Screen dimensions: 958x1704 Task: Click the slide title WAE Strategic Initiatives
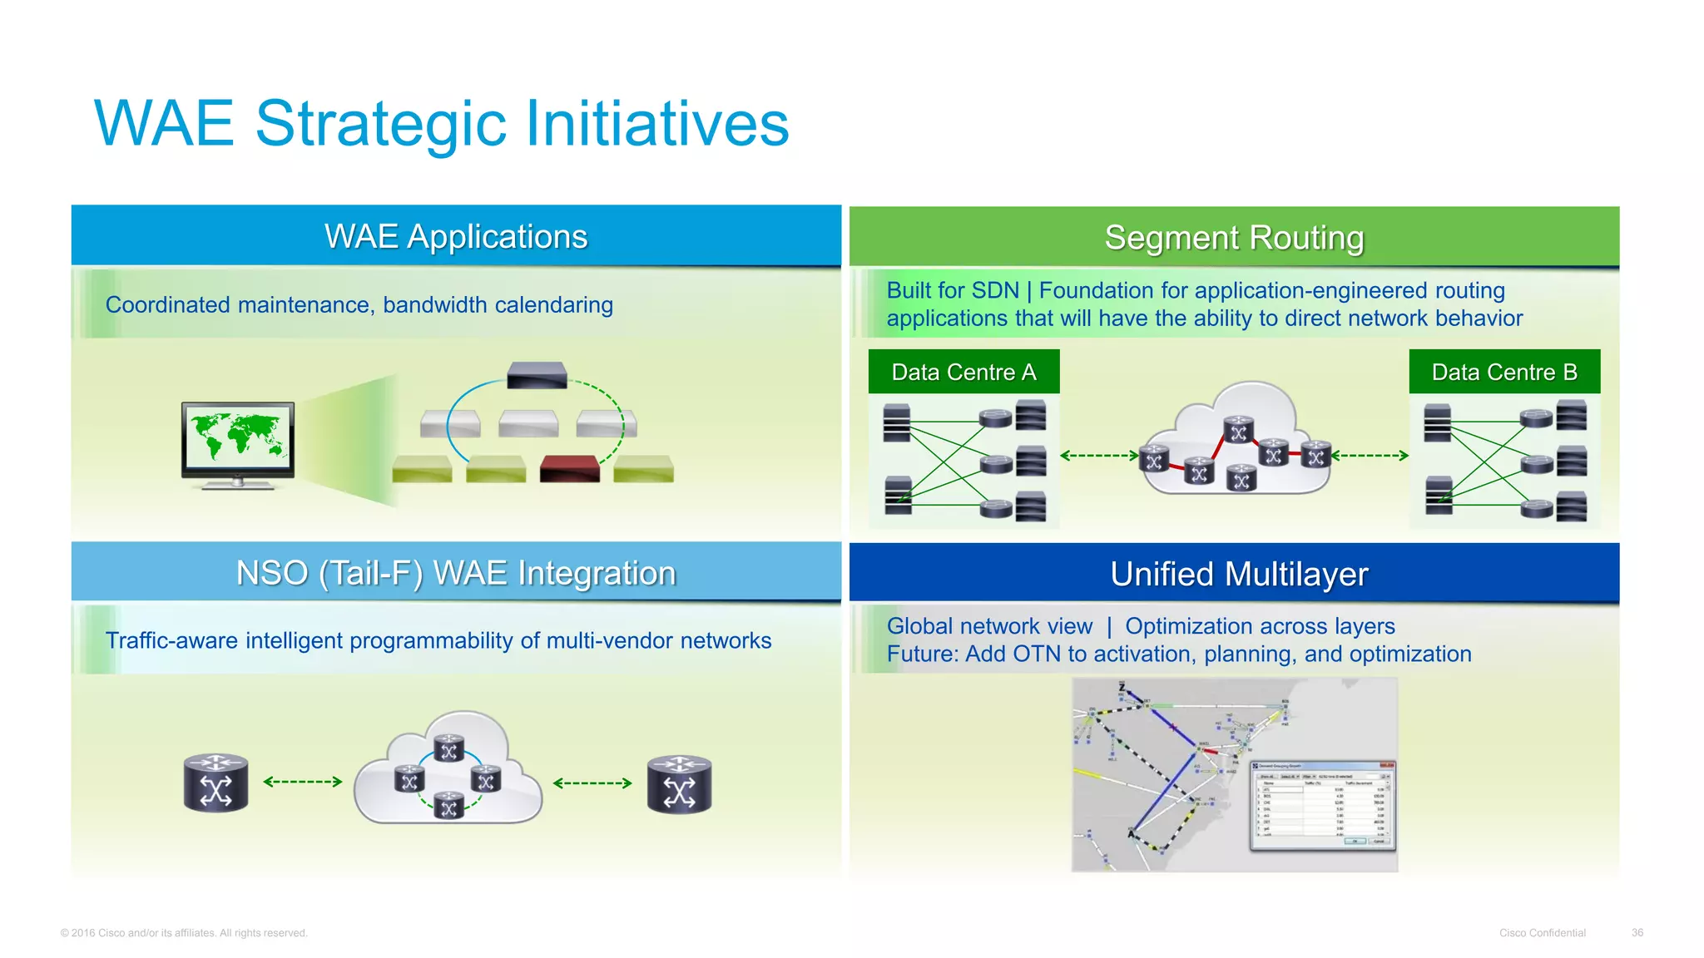click(441, 123)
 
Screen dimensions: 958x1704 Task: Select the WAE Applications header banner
click(456, 236)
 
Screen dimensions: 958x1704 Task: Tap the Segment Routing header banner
click(1234, 238)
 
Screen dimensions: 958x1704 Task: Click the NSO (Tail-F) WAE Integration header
click(456, 573)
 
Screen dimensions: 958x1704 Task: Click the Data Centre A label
click(963, 372)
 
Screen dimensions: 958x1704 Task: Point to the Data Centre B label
click(1504, 372)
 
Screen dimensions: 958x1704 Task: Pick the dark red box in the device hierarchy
click(569, 468)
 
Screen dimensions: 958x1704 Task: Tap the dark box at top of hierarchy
click(537, 375)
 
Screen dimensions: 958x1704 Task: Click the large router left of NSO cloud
click(216, 783)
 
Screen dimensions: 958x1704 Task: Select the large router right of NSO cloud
click(679, 783)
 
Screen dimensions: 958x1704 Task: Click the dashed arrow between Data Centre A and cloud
click(1099, 456)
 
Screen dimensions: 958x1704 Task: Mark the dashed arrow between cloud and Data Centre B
click(1370, 456)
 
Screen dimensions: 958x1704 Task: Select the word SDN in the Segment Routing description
click(994, 290)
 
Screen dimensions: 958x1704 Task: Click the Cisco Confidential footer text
click(1542, 933)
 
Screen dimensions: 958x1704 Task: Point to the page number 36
click(1637, 933)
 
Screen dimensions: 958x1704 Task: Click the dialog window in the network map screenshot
click(1323, 805)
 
